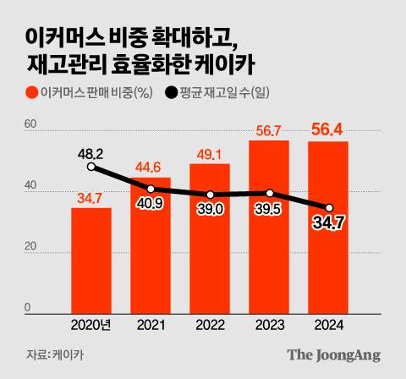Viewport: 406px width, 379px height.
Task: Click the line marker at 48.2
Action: click(91, 168)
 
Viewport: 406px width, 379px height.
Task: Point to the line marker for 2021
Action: click(151, 189)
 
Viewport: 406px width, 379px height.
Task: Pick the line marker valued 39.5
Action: click(269, 193)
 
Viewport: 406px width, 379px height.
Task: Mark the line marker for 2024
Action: click(329, 207)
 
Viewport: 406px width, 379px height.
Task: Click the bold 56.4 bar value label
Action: click(328, 129)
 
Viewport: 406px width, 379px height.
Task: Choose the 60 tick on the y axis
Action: click(30, 125)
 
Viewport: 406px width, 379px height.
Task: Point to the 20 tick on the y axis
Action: click(30, 247)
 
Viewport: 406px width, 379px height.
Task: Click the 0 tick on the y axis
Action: click(27, 307)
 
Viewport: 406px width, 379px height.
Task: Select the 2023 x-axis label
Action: click(269, 324)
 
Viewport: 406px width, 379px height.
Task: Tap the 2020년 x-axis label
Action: click(91, 324)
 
